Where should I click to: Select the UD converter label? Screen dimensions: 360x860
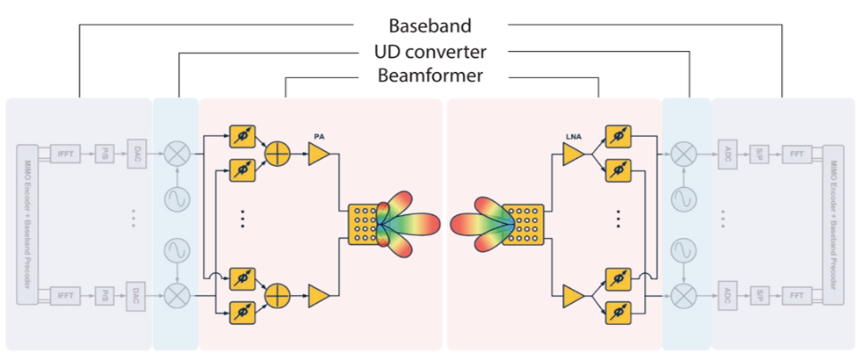430,51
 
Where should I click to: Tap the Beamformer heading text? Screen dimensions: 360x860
430,76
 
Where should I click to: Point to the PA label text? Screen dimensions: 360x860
320,136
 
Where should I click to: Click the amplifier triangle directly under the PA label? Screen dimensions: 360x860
319,154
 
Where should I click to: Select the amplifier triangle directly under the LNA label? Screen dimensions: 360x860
573,155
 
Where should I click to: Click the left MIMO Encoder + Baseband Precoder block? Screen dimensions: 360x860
27,223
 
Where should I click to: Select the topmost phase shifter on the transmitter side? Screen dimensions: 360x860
242,137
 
